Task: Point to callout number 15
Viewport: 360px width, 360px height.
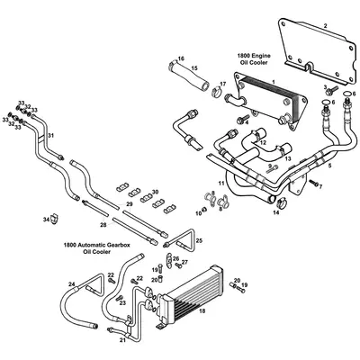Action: click(193, 69)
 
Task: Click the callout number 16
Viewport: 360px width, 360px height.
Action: click(180, 58)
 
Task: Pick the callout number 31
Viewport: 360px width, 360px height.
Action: click(51, 136)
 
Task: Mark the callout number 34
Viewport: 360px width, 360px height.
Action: click(46, 220)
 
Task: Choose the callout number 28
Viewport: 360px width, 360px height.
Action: click(103, 224)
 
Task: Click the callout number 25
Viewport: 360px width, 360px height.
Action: click(199, 241)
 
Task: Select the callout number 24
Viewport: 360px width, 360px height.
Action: click(72, 285)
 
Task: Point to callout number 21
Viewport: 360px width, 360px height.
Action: click(122, 340)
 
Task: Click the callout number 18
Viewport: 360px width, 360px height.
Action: click(202, 310)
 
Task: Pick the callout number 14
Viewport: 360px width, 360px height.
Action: click(276, 213)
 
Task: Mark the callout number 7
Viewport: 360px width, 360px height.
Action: click(319, 185)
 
